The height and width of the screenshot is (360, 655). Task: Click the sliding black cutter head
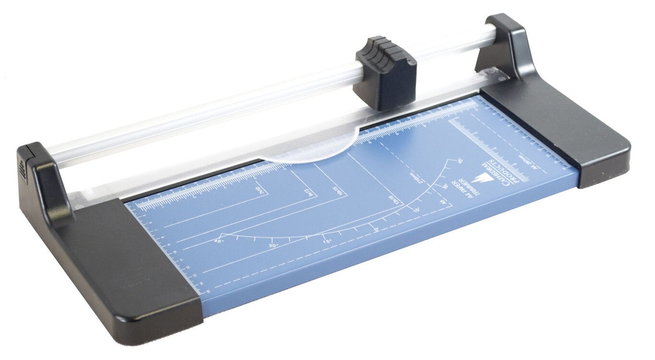384,72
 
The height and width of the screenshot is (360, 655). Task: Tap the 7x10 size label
260,193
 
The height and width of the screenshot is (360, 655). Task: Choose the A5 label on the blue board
442,202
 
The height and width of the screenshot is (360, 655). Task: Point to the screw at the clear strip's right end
503,77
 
